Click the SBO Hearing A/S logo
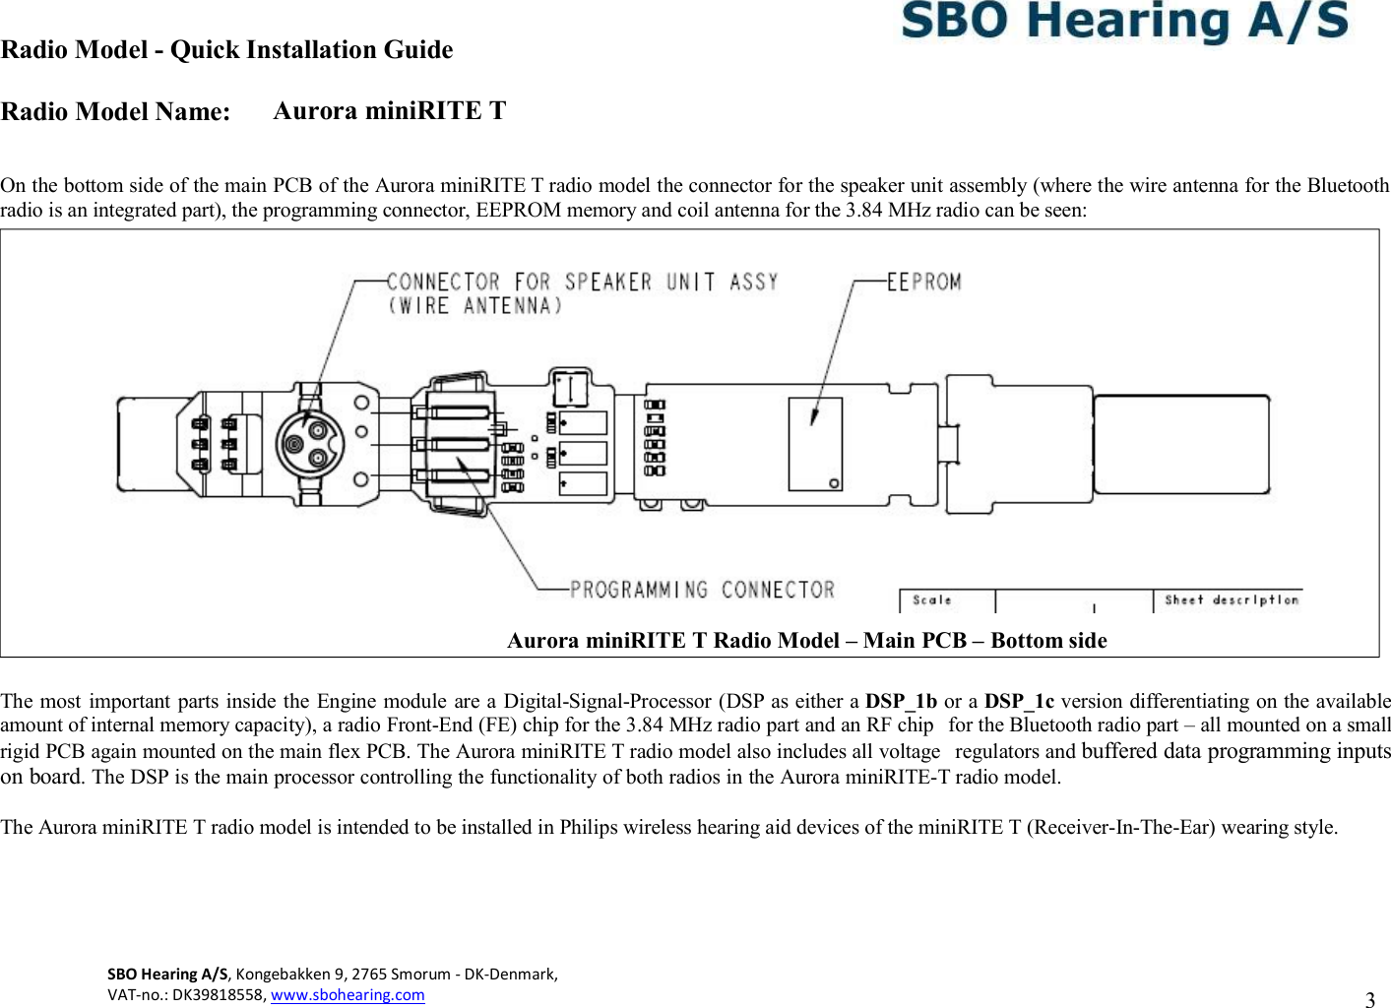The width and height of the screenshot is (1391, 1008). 1124,22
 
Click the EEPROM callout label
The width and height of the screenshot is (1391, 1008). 923,283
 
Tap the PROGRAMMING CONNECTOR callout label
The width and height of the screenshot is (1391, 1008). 702,590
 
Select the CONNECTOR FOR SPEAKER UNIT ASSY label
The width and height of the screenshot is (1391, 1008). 582,283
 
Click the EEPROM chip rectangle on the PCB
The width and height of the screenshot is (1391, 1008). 815,444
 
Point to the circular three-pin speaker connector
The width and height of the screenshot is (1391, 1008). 309,444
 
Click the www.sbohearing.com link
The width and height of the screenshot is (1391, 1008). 348,994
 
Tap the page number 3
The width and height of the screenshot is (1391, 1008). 1369,1000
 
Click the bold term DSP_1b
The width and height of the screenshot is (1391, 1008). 901,701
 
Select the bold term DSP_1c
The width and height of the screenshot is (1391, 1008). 1019,701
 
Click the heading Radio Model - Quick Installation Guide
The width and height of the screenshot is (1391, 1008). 227,50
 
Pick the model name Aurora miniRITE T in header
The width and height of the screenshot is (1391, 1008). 389,110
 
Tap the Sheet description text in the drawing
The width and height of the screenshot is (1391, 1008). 1231,599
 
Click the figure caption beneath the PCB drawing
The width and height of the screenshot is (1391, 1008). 806,641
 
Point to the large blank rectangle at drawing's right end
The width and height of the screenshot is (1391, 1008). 1181,445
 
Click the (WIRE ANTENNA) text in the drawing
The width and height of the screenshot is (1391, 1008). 475,306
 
